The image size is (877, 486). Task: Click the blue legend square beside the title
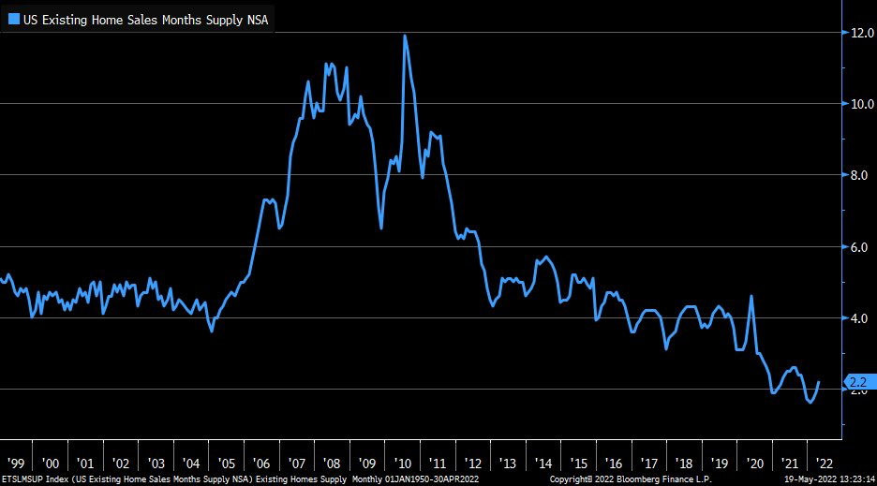click(x=13, y=19)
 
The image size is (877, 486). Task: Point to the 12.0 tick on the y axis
click(x=862, y=33)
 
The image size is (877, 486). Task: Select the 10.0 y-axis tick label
click(x=862, y=104)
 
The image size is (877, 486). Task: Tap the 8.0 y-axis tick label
click(x=862, y=175)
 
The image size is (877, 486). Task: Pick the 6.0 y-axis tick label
click(x=862, y=247)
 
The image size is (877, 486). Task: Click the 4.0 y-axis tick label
click(x=862, y=318)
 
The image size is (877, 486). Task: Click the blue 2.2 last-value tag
click(x=858, y=381)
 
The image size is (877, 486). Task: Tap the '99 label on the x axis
click(x=15, y=464)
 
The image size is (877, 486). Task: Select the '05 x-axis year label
click(x=226, y=464)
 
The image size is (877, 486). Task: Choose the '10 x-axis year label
click(x=403, y=464)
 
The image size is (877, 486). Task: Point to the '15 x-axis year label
click(x=579, y=464)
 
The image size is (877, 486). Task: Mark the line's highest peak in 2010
click(x=405, y=36)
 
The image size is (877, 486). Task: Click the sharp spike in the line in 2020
click(x=751, y=296)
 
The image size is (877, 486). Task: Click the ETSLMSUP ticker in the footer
click(x=24, y=479)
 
